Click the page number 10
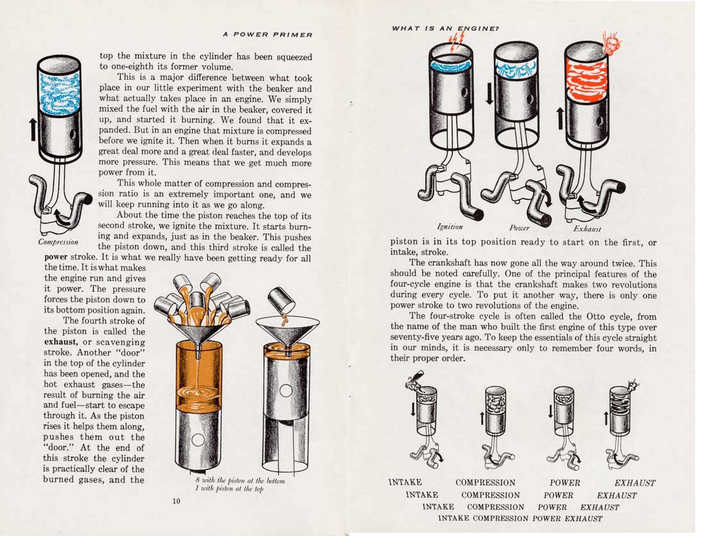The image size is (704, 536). pos(176,501)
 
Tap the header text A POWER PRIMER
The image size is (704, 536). pos(268,35)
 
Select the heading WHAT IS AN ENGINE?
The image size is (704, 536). pos(445,28)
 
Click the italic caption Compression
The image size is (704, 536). pos(58,242)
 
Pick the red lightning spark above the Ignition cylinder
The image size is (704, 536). pos(456,40)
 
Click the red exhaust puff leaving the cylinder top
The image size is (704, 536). pos(612,42)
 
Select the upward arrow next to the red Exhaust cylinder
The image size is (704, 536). pos(560,118)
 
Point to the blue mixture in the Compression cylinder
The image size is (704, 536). pos(59,92)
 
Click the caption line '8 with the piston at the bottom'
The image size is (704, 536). pos(240,480)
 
